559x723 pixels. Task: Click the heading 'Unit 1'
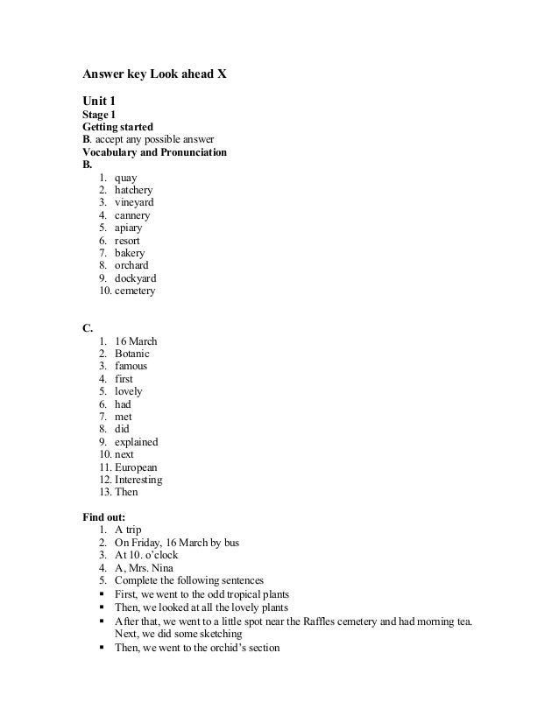pyautogui.click(x=99, y=102)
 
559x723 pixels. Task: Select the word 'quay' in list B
pyautogui.click(x=125, y=178)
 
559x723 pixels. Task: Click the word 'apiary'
pyautogui.click(x=129, y=228)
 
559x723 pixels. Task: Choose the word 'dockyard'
pyautogui.click(x=135, y=278)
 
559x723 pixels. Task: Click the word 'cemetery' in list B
pyautogui.click(x=135, y=291)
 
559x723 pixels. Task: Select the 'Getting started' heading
pyautogui.click(x=117, y=127)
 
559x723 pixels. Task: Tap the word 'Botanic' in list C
pyautogui.click(x=133, y=354)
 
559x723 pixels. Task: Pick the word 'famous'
pyautogui.click(x=131, y=366)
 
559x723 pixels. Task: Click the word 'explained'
pyautogui.click(x=136, y=442)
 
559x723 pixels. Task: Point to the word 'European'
pyautogui.click(x=136, y=467)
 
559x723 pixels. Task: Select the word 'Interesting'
pyautogui.click(x=138, y=480)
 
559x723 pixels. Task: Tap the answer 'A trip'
pyautogui.click(x=128, y=530)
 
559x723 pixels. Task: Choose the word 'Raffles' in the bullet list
pyautogui.click(x=350, y=621)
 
